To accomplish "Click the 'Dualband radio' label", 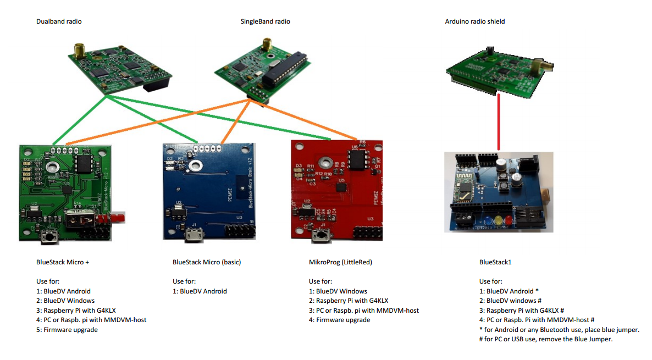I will (x=59, y=21).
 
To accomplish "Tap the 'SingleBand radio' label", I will (x=265, y=21).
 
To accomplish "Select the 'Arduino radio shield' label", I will (x=474, y=21).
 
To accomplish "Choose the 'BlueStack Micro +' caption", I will (x=62, y=262).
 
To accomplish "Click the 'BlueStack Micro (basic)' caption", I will (x=207, y=262).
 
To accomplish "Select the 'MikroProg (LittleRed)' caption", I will (x=340, y=262).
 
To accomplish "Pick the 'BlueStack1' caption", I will (x=495, y=262).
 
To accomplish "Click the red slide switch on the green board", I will (x=118, y=218).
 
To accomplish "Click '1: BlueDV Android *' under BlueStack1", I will (x=509, y=291).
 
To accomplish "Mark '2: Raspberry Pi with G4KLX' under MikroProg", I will (x=349, y=301).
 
